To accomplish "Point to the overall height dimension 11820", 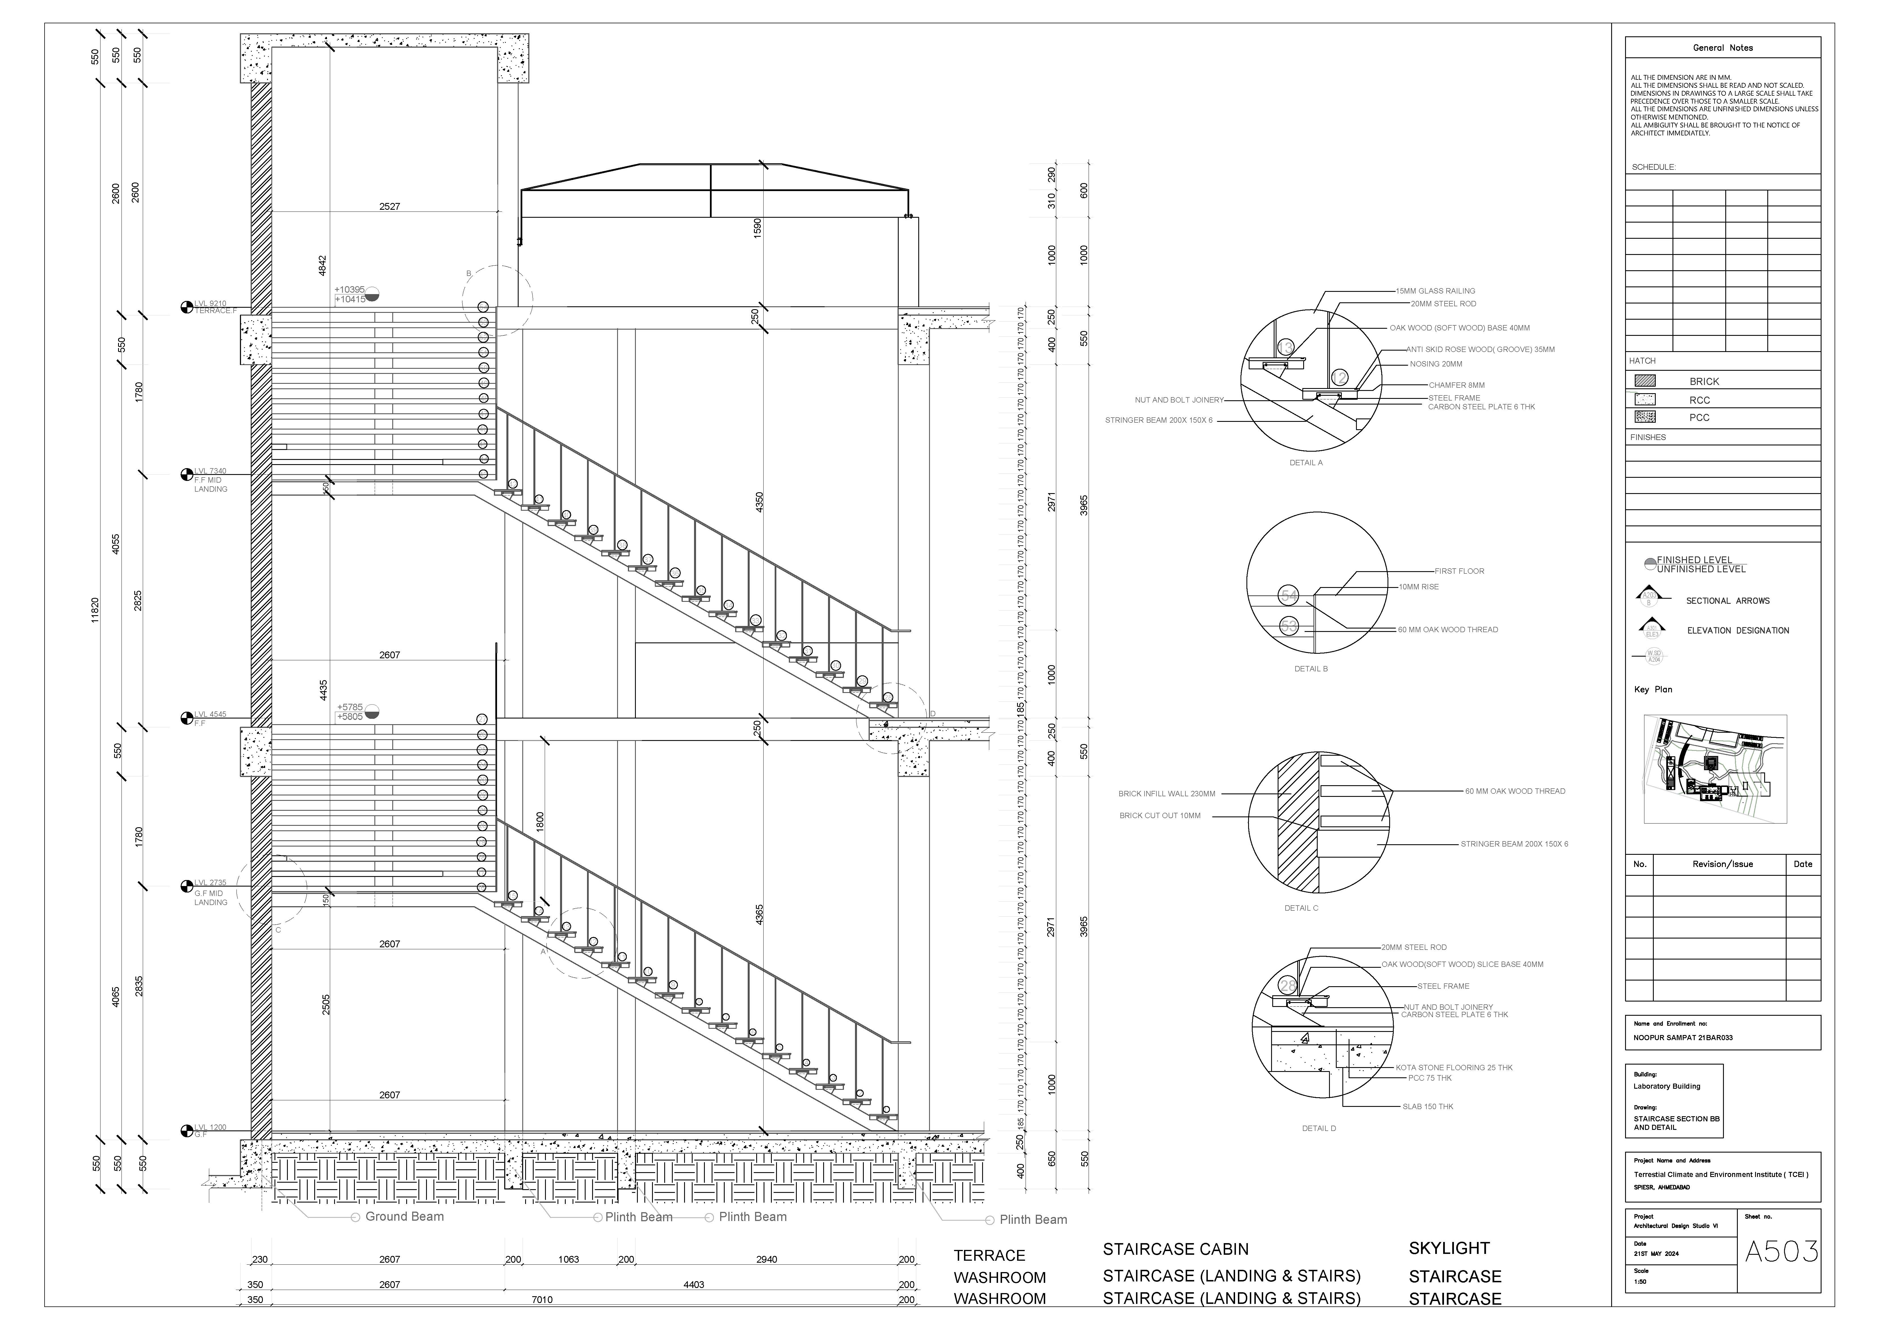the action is pyautogui.click(x=95, y=610).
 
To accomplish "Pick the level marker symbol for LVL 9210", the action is pyautogui.click(x=187, y=307).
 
